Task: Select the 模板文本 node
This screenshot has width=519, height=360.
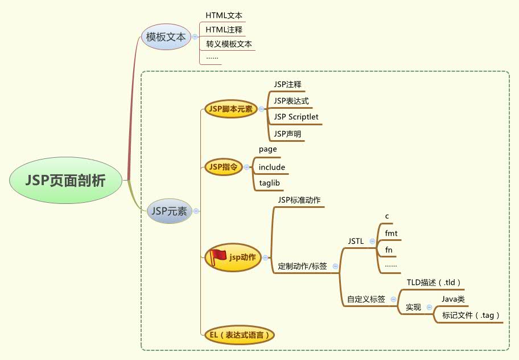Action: pos(166,37)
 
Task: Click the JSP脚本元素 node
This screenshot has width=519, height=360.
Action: pos(231,108)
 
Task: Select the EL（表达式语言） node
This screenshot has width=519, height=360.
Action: pos(239,334)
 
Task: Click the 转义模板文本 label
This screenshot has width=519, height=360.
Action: pos(229,43)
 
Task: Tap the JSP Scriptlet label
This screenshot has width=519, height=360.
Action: pos(296,117)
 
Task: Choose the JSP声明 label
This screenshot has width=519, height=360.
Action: pos(287,134)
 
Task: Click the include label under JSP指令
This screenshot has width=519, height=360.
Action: pos(271,167)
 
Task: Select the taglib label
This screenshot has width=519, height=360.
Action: pos(270,183)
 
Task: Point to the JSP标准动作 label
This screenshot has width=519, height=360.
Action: pos(299,200)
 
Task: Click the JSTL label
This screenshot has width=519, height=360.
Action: pos(356,242)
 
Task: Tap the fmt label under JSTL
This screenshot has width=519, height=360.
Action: pos(391,233)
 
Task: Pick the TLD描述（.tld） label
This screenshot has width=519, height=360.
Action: pos(434,282)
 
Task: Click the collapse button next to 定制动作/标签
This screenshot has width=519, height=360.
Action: pos(335,266)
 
